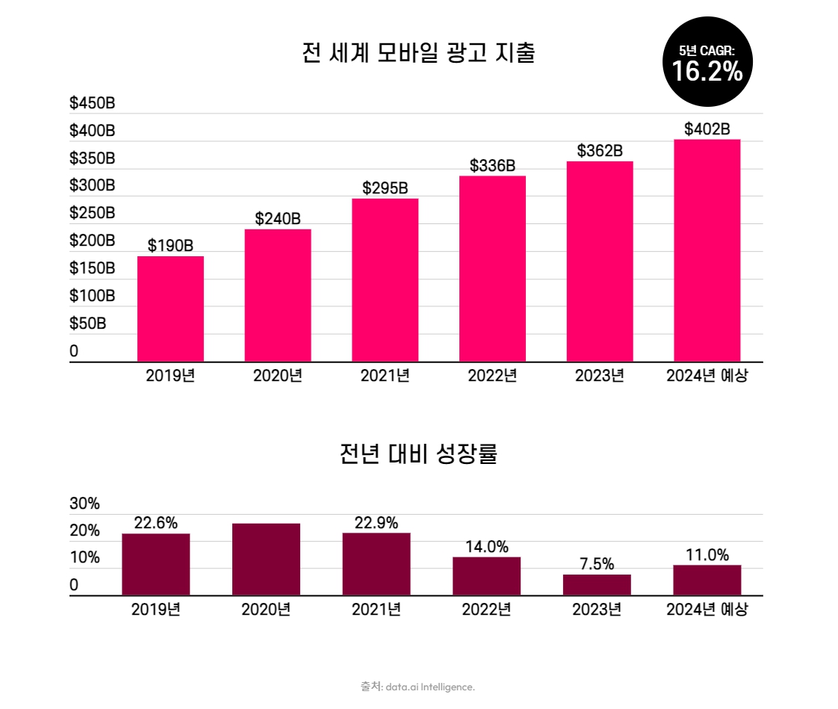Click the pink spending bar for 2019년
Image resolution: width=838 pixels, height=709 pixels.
pyautogui.click(x=170, y=309)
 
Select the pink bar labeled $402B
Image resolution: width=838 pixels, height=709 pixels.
pyautogui.click(x=707, y=250)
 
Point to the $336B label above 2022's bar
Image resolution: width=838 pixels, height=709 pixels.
pyautogui.click(x=492, y=166)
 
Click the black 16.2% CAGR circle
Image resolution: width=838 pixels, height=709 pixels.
pyautogui.click(x=707, y=64)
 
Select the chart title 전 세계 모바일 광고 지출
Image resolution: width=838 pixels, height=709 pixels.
pyautogui.click(x=418, y=54)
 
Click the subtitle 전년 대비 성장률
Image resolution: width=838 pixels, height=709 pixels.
pyautogui.click(x=418, y=453)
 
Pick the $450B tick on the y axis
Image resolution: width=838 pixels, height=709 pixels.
pyautogui.click(x=92, y=103)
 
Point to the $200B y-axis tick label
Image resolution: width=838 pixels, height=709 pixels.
pyautogui.click(x=92, y=241)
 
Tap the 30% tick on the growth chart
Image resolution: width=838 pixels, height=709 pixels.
pyautogui.click(x=84, y=504)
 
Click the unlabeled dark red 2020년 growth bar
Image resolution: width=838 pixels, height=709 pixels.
pyautogui.click(x=266, y=559)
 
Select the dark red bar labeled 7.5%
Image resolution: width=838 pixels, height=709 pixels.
pyautogui.click(x=597, y=584)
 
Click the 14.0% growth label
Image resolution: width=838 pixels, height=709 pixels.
pyautogui.click(x=486, y=547)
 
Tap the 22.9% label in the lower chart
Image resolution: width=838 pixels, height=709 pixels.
pyautogui.click(x=376, y=523)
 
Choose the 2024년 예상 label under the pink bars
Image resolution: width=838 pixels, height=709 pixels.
pyautogui.click(x=707, y=376)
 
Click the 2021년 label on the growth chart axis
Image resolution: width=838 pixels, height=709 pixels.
pyautogui.click(x=376, y=610)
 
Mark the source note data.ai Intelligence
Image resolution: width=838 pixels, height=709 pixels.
pyautogui.click(x=418, y=687)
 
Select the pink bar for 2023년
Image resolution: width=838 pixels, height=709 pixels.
pyautogui.click(x=600, y=261)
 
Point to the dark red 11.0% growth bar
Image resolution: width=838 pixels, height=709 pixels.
pyautogui.click(x=707, y=580)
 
